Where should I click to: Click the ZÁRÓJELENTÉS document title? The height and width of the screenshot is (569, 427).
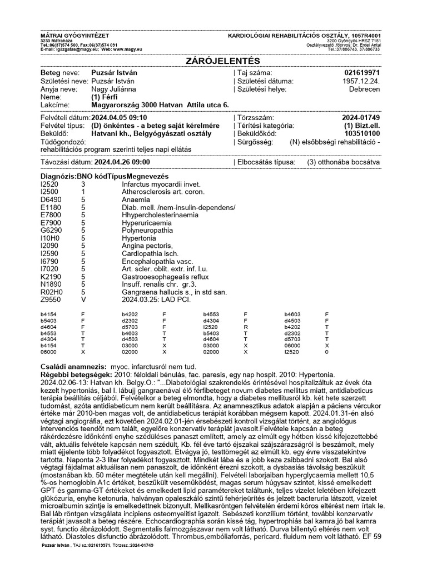tap(213, 60)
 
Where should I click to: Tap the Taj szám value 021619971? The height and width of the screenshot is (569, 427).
tap(363, 73)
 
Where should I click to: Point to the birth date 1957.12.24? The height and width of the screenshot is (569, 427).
tap(363, 81)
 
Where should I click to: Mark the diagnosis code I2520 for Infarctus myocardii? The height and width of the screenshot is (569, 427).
tap(49, 183)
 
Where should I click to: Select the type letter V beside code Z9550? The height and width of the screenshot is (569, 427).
tap(84, 300)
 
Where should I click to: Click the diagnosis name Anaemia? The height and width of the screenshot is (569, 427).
tap(136, 199)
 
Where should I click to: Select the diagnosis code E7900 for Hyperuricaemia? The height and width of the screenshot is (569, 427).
tap(50, 222)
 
